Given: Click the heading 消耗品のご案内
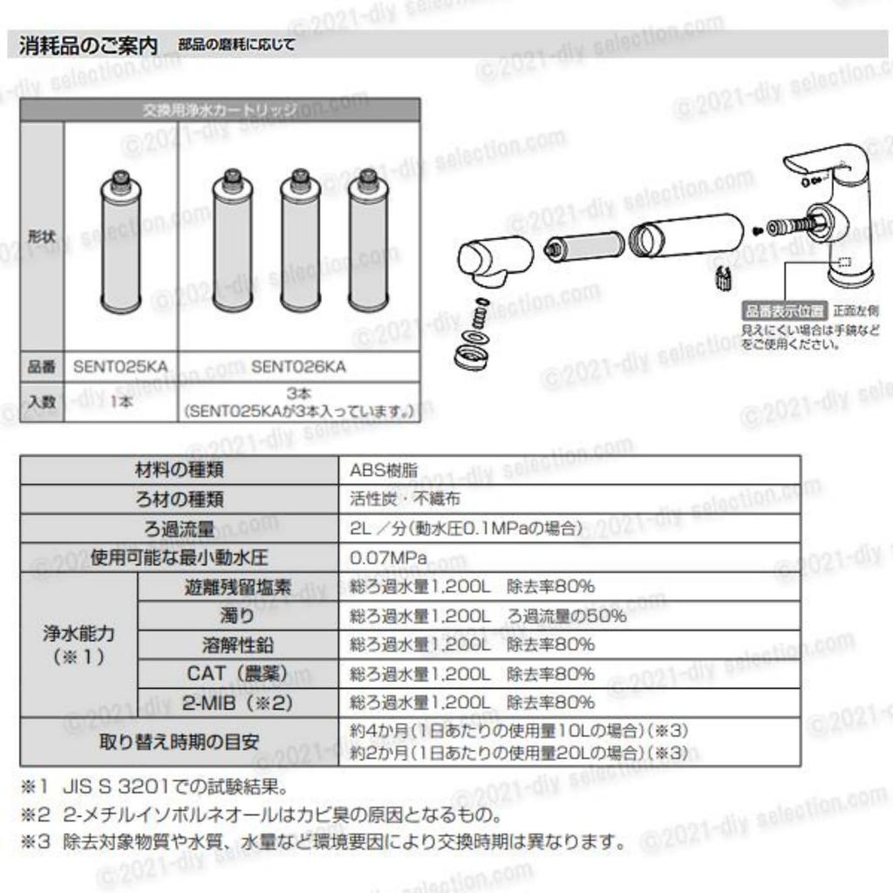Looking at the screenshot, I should (88, 44).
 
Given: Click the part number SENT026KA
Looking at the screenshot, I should (298, 367).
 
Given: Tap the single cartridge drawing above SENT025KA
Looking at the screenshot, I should (120, 242).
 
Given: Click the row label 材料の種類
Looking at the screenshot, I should (180, 470).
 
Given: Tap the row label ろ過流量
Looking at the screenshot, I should (180, 528).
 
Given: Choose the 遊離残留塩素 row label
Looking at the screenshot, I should (237, 587).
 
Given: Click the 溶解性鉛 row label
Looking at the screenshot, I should (237, 645).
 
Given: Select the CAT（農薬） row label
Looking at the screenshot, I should (237, 674).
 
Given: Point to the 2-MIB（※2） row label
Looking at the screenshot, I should (237, 703).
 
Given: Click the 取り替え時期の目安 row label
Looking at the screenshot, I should (180, 742).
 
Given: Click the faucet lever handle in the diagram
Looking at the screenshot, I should (820, 161).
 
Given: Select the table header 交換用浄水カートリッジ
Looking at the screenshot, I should (220, 111).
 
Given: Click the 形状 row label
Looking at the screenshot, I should (41, 236).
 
